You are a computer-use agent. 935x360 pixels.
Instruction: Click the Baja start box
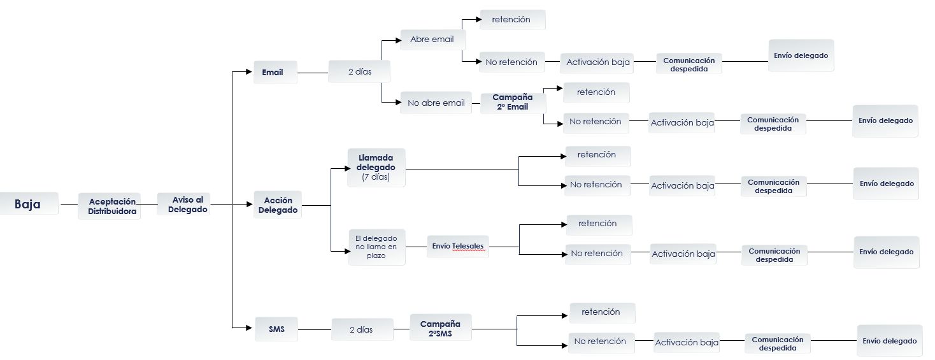pos(28,204)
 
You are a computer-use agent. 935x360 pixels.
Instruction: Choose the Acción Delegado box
pos(278,205)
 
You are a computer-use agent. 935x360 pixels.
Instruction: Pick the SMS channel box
pos(276,329)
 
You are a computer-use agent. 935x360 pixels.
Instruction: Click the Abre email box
pos(432,40)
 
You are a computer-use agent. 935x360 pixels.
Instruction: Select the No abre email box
pos(436,103)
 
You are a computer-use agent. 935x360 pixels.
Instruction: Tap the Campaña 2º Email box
pos(513,102)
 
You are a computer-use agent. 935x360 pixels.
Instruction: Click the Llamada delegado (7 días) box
pos(376,168)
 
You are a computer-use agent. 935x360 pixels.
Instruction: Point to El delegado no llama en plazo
pos(376,247)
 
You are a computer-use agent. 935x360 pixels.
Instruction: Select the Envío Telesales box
pos(457,246)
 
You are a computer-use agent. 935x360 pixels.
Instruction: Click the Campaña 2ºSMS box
pos(440,328)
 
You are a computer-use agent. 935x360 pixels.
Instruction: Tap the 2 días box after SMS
pos(361,330)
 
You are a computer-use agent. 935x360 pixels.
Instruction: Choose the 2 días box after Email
pos(359,72)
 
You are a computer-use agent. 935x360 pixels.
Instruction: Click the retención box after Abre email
pos(511,20)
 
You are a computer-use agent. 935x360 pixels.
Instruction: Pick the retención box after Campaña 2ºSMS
pos(601,312)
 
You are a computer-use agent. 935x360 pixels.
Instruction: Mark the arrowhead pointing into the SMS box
pos(250,328)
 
